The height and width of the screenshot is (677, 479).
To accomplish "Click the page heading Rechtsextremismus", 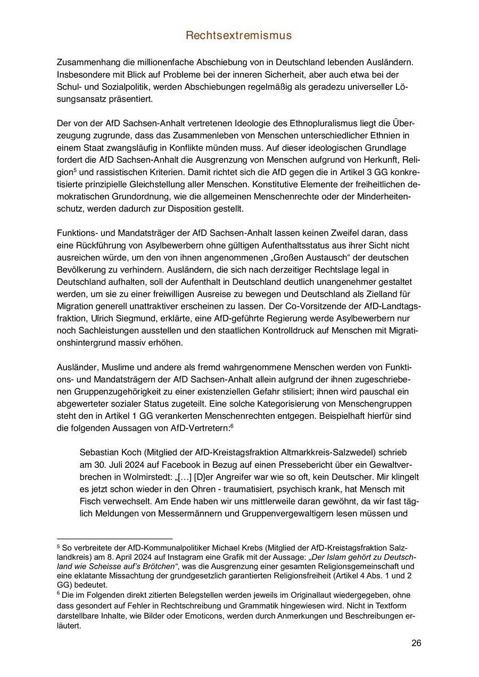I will pos(239,36).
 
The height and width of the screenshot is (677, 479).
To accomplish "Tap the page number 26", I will pos(416,643).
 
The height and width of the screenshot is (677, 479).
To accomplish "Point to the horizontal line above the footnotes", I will pos(114,539).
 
